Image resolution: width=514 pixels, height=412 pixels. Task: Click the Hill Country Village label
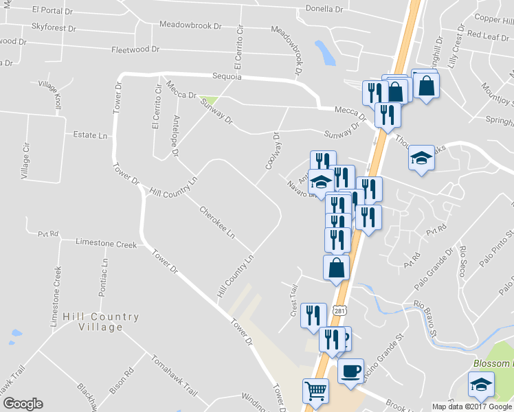[100, 321]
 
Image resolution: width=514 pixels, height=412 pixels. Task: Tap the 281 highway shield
[339, 310]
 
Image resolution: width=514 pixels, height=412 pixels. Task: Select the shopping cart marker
[315, 391]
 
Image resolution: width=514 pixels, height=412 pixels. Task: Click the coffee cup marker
[351, 371]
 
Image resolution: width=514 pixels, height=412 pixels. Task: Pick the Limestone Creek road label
[107, 243]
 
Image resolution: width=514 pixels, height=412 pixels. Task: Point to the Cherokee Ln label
[217, 222]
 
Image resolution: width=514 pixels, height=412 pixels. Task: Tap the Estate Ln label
[91, 136]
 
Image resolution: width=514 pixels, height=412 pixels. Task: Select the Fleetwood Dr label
[135, 49]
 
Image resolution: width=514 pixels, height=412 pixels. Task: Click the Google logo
[23, 404]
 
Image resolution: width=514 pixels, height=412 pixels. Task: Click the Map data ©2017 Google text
[472, 407]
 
